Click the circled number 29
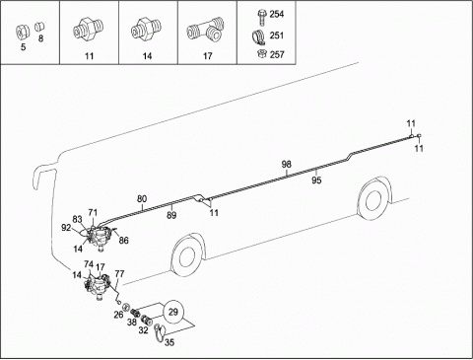point(172,312)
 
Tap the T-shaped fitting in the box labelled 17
point(205,31)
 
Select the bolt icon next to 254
point(261,18)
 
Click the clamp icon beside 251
point(260,36)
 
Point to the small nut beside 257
point(262,53)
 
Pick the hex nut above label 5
point(23,32)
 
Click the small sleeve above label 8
point(39,27)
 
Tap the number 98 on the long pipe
point(286,164)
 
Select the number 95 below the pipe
point(316,180)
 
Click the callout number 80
point(142,199)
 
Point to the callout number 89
point(171,215)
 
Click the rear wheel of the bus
point(373,199)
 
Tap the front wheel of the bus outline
point(187,255)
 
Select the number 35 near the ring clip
point(169,342)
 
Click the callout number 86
point(123,241)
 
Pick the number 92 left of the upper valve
point(66,228)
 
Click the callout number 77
point(119,273)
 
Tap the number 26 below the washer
point(118,315)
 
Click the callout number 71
point(93,212)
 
